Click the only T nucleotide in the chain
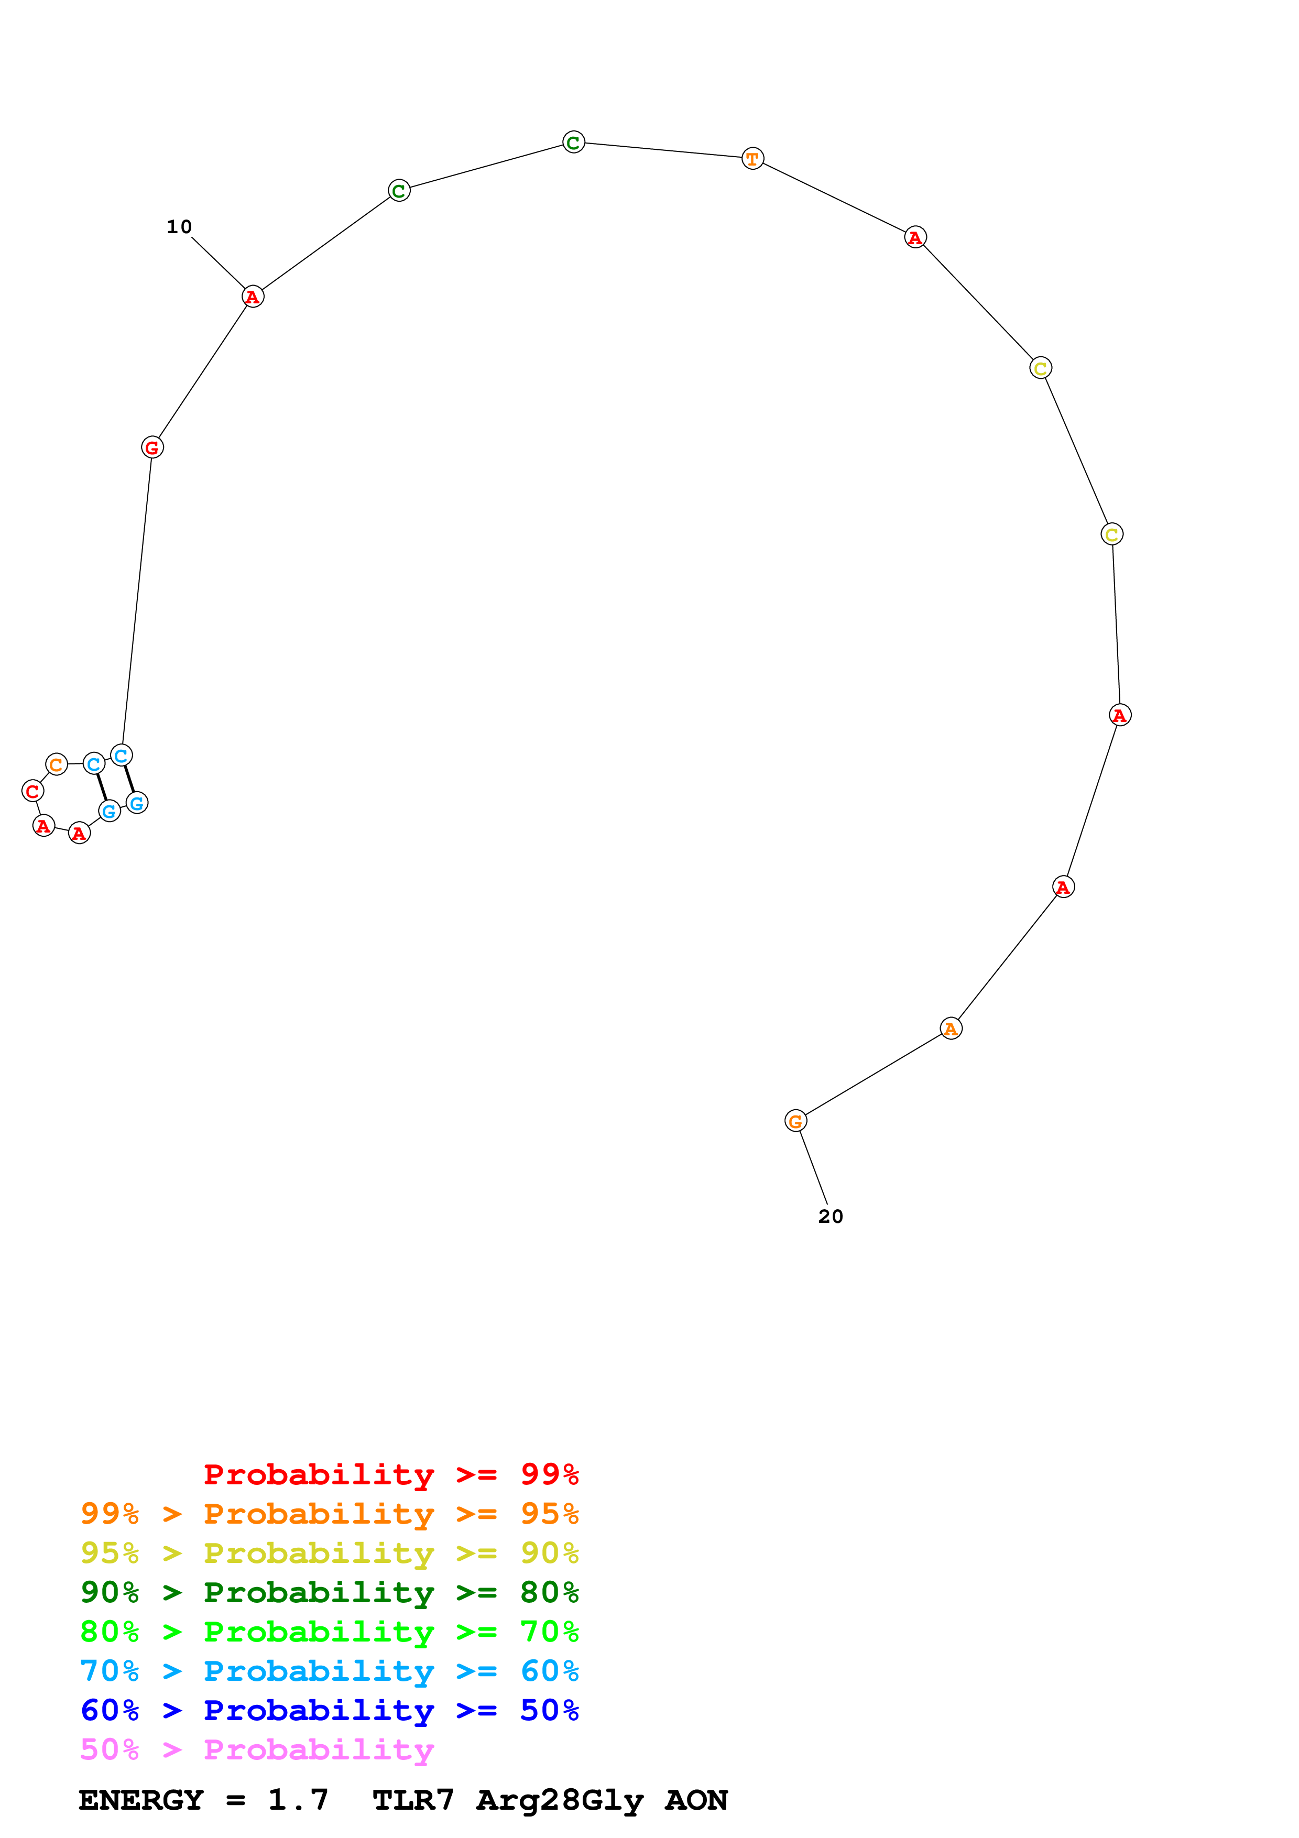(752, 159)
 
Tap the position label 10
(179, 227)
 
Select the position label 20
(830, 1217)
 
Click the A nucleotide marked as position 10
(253, 297)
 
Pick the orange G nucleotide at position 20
(795, 1122)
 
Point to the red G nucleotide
(152, 447)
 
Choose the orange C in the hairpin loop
(56, 764)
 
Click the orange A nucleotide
(951, 1029)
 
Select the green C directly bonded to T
(574, 143)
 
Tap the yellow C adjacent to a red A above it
(1041, 368)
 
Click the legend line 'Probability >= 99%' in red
(390, 1474)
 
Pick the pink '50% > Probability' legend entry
(257, 1750)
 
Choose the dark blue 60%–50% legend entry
(329, 1711)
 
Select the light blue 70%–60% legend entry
(329, 1671)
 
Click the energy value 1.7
(298, 1800)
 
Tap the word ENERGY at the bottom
(141, 1800)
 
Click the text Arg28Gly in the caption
(560, 1800)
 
